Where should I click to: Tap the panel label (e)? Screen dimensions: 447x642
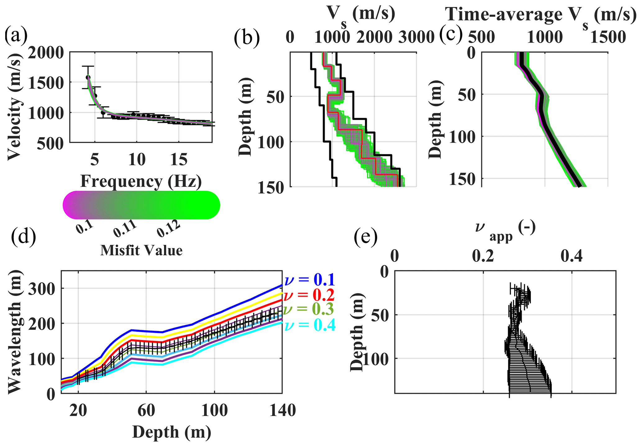[366, 237]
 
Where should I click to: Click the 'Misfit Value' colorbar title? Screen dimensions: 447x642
[141, 250]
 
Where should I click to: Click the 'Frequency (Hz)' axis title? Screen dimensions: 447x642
[141, 181]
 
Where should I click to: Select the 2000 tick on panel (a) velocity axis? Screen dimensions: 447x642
[46, 53]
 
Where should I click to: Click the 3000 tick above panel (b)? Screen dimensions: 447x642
[417, 37]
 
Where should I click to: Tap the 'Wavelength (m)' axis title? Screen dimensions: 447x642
[15, 332]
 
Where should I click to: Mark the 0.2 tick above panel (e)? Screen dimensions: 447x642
[483, 256]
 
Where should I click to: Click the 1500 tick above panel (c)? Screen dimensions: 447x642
[608, 37]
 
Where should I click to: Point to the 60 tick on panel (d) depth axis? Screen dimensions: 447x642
[146, 411]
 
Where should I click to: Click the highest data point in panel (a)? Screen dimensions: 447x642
[88, 77]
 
